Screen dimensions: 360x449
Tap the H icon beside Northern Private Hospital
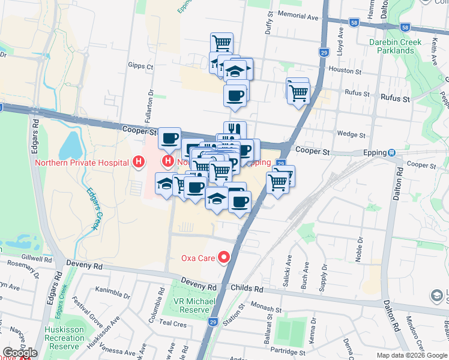(x=139, y=162)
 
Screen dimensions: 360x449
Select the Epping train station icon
(x=392, y=152)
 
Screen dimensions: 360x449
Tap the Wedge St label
(x=348, y=134)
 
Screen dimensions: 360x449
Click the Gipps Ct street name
(x=140, y=65)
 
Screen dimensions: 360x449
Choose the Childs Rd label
(x=247, y=289)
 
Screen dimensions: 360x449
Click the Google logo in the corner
(x=19, y=353)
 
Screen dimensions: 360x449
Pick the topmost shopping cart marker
(x=221, y=43)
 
